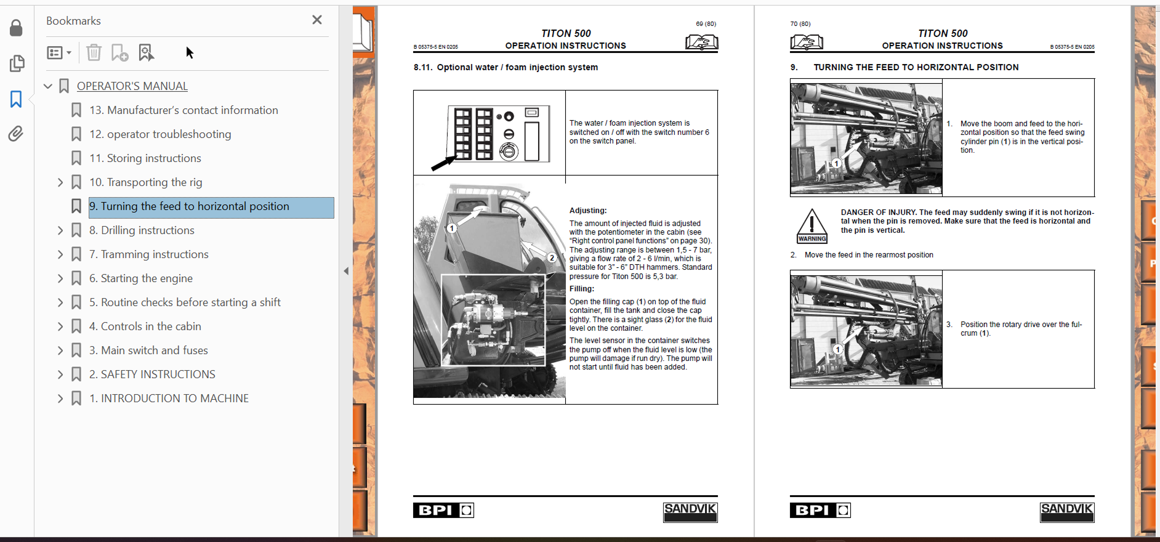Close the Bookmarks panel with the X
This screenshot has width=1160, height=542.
coord(317,20)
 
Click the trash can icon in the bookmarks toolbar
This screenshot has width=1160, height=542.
coord(94,52)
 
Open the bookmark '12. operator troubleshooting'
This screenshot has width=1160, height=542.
coord(160,134)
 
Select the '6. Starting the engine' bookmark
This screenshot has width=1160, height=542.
coord(141,278)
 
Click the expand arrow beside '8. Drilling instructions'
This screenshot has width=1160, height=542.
coord(60,230)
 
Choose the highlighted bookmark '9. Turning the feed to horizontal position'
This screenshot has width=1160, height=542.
coord(189,206)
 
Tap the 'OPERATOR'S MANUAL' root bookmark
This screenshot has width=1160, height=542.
coord(132,86)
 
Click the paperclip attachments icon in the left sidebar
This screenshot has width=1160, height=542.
coord(16,134)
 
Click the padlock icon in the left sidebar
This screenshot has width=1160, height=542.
coord(16,28)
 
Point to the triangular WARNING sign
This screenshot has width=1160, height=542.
coord(812,226)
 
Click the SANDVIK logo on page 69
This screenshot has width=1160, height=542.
coord(690,512)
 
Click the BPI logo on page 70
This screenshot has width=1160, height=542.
coord(820,510)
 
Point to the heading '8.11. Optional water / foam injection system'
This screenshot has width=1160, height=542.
coord(505,67)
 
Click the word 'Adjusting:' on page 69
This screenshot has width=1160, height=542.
coord(588,211)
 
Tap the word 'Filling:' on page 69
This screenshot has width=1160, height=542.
coord(582,289)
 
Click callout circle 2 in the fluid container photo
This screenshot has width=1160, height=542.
coord(552,258)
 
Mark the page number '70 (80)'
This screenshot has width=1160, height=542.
coord(800,24)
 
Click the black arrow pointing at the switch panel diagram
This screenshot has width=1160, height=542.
coord(443,163)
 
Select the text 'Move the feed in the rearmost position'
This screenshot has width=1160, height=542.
coord(869,255)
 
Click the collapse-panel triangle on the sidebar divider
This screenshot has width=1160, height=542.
coord(346,271)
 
